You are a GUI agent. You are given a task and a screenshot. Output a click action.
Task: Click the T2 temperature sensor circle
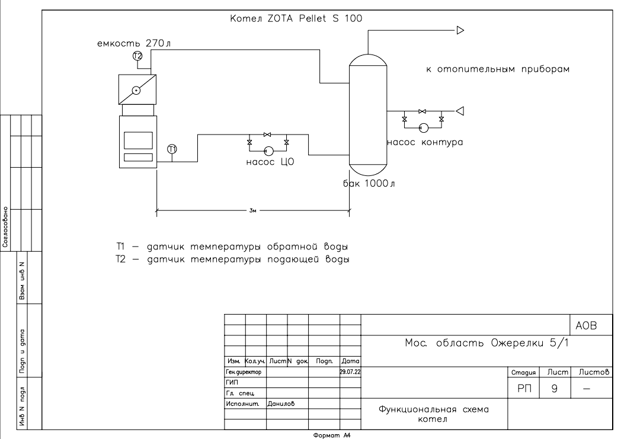(x=137, y=56)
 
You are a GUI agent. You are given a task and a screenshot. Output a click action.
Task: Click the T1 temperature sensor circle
(x=172, y=149)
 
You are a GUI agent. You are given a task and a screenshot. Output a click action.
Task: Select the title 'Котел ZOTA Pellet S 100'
(x=296, y=18)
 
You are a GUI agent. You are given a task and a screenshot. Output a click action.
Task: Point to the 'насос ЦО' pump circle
(x=268, y=150)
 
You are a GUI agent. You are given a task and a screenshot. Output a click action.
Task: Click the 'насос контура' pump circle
(x=422, y=127)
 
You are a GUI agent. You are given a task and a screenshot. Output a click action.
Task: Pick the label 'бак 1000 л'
(x=369, y=182)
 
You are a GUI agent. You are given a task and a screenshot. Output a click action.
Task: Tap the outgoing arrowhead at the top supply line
(x=460, y=31)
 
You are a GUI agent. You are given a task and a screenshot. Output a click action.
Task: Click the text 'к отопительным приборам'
(x=498, y=70)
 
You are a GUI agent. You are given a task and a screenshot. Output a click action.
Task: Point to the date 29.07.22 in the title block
(x=350, y=372)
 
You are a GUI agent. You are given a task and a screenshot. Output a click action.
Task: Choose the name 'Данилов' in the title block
(x=281, y=404)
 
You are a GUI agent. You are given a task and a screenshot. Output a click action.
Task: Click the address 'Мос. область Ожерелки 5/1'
(x=482, y=344)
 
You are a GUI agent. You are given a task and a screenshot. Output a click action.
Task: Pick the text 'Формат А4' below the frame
(x=334, y=434)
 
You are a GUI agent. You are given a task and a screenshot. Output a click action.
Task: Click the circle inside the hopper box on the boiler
(x=136, y=91)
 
